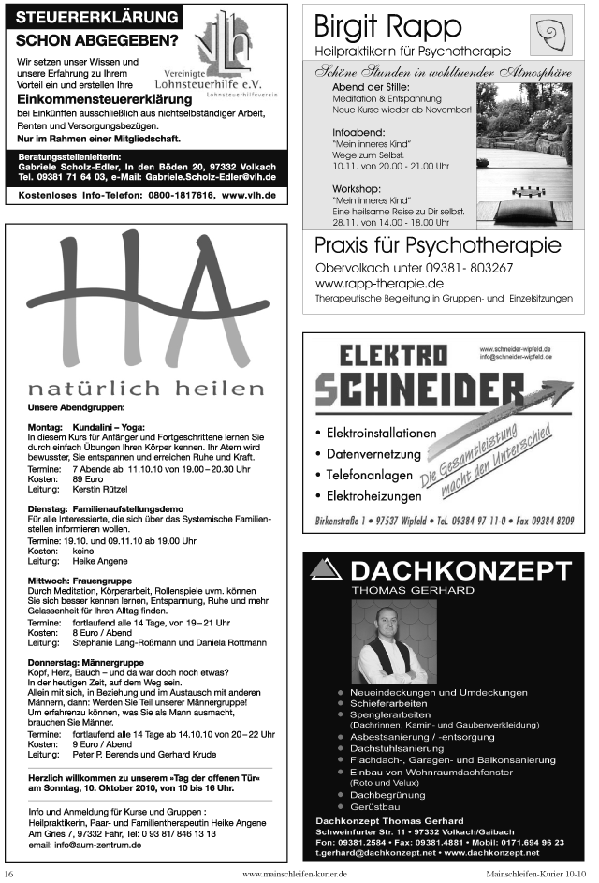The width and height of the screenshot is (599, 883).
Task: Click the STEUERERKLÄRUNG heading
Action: (x=98, y=18)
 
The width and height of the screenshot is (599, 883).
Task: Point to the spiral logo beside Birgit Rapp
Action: (x=549, y=35)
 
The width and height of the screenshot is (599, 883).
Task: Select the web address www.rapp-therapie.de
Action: (x=379, y=282)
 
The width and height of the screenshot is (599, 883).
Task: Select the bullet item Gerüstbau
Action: (x=374, y=806)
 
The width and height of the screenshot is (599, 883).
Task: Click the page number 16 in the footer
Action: (x=10, y=874)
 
